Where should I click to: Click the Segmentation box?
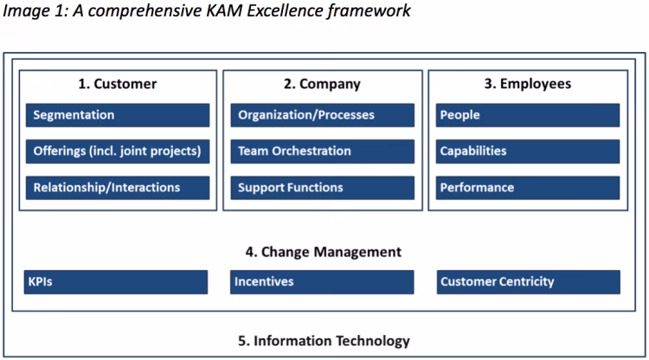(117, 115)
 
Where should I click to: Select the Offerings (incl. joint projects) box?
(117, 151)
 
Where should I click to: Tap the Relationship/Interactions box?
(117, 188)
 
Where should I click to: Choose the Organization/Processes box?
(322, 115)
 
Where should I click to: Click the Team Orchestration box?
(322, 151)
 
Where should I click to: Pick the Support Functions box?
(322, 188)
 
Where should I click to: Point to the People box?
(528, 115)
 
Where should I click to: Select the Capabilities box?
(528, 151)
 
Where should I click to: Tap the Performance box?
(528, 188)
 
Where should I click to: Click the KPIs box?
(115, 282)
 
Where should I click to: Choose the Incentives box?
(322, 282)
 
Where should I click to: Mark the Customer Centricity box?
(528, 282)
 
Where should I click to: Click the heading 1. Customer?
(117, 84)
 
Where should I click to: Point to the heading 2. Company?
(322, 84)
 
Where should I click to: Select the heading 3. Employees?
(527, 84)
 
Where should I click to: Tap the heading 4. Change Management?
(324, 252)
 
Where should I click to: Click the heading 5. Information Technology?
(324, 340)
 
